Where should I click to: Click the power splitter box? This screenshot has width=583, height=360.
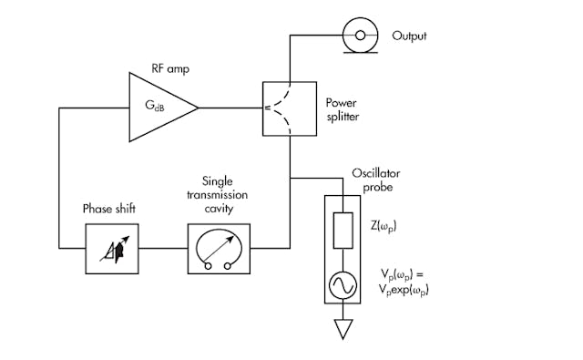(x=291, y=108)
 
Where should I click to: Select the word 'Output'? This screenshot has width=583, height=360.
(x=409, y=36)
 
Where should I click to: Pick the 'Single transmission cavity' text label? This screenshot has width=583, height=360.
(x=219, y=192)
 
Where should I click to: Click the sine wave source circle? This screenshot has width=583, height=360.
(x=343, y=285)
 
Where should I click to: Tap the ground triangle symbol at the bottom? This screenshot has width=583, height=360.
(x=343, y=327)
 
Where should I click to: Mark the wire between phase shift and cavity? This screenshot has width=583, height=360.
(x=164, y=247)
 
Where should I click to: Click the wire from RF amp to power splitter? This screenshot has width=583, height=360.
(x=230, y=108)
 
